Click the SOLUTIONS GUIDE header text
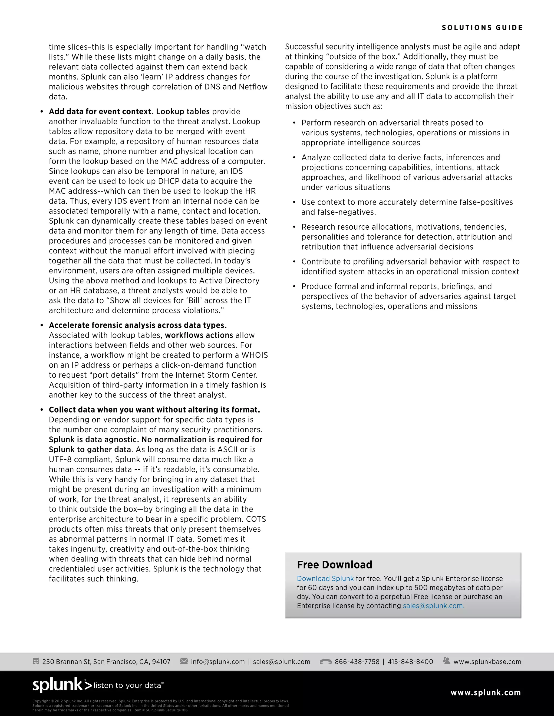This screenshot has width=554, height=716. click(482, 28)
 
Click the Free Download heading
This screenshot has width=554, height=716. click(334, 564)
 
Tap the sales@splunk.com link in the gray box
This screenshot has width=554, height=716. click(434, 605)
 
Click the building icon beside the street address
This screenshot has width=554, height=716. click(36, 661)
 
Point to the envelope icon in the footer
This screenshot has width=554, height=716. click(184, 661)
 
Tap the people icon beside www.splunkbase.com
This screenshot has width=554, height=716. click(446, 661)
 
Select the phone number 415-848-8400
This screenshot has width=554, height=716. click(410, 662)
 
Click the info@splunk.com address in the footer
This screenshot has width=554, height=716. click(217, 662)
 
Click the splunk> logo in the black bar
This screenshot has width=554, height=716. click(62, 685)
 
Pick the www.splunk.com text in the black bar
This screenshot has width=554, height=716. click(485, 693)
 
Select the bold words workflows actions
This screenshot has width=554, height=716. click(199, 335)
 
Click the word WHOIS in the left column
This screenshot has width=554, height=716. click(255, 355)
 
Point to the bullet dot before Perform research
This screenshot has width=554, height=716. click(294, 123)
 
